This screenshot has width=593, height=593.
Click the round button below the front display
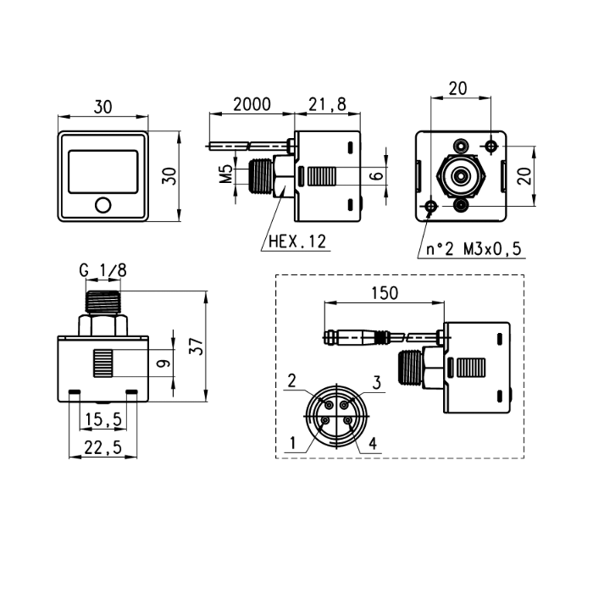coord(103,205)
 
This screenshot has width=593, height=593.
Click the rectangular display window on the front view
coord(103,172)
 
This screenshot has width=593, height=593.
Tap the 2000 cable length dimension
coord(252,104)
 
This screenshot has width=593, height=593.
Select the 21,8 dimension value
coord(327,104)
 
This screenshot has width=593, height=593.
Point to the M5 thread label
coord(226,174)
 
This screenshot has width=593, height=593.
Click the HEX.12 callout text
coord(297,241)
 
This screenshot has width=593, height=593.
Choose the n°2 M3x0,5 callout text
coord(474,249)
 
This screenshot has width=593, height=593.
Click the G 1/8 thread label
coord(103,270)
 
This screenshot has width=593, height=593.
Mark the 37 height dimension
coord(197,346)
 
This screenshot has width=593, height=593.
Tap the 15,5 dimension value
coord(103,419)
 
